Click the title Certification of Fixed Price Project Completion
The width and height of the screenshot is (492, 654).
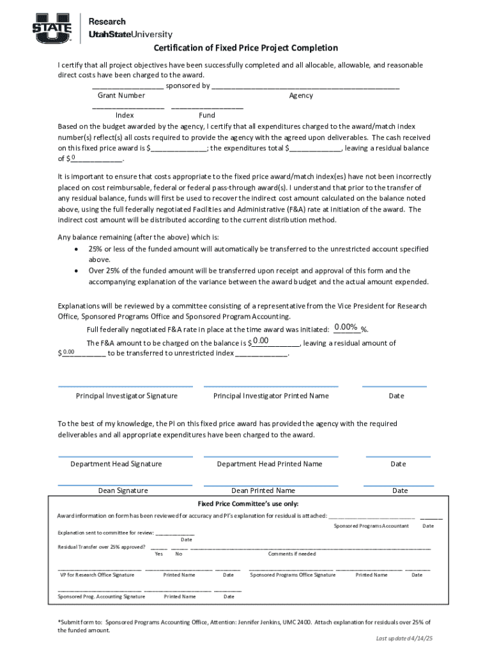245,49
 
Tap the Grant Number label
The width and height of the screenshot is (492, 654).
121,96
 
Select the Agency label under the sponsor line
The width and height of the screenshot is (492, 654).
301,96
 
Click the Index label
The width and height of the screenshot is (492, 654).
125,116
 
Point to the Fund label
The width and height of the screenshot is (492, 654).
207,116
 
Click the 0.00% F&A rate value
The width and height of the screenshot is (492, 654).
346,328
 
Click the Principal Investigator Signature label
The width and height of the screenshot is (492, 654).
127,396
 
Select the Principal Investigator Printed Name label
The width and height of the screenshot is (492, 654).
271,396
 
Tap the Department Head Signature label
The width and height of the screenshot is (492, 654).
116,464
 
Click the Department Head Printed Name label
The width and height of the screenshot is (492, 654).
270,464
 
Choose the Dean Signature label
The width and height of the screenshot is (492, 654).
123,491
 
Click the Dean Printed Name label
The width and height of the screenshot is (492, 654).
263,491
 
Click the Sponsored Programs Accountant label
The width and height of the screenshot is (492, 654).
371,526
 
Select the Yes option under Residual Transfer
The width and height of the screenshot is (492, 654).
158,554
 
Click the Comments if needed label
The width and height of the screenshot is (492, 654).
292,554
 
